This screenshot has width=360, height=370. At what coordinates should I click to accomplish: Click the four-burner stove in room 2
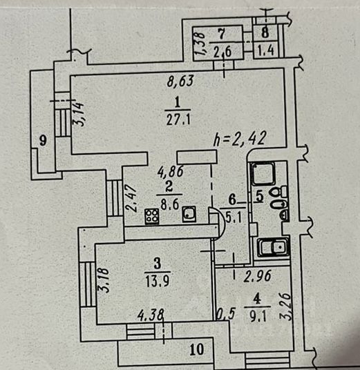(152, 216)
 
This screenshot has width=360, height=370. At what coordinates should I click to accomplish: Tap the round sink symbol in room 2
(189, 214)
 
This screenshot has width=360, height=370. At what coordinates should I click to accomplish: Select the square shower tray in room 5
(263, 174)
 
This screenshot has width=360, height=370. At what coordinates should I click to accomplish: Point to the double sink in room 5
(273, 247)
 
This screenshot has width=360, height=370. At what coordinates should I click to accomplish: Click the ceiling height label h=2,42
(240, 139)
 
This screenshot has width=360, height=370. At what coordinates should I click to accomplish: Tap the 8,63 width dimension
(180, 81)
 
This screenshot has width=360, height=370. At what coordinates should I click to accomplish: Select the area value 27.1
(178, 119)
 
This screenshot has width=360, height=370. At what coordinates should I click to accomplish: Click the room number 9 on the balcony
(43, 141)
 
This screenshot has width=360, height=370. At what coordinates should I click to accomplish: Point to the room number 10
(197, 349)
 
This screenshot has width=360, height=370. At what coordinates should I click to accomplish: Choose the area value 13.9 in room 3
(158, 281)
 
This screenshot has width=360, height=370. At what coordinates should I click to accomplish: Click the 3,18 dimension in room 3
(104, 280)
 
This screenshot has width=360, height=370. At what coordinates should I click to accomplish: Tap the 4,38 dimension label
(151, 315)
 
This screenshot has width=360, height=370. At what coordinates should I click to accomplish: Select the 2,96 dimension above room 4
(257, 276)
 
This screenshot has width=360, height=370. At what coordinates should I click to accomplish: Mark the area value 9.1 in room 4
(258, 316)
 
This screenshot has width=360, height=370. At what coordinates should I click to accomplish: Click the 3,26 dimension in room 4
(285, 306)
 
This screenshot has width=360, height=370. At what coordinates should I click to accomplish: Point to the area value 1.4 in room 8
(266, 50)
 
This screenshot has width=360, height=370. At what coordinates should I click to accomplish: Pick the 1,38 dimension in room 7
(200, 43)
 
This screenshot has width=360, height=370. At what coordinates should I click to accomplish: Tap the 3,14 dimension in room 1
(78, 114)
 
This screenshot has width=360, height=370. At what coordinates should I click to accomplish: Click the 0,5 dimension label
(225, 314)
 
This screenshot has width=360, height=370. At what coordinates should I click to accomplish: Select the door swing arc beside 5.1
(222, 221)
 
